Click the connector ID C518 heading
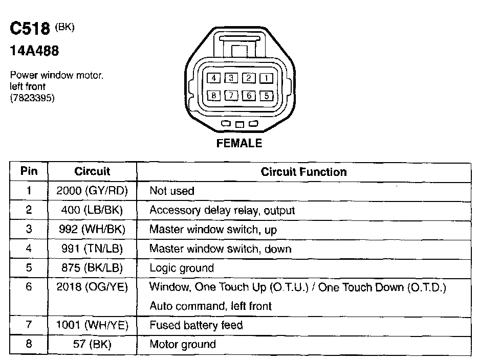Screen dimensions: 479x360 [30, 29]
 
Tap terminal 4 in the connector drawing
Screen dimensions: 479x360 [213, 78]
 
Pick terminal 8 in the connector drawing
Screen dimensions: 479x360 [213, 96]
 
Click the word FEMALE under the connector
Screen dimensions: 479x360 [239, 143]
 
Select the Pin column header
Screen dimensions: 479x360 [29, 172]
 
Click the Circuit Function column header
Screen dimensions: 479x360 [303, 172]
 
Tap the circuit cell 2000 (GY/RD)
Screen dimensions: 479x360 [92, 191]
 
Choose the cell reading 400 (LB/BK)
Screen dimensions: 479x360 [92, 210]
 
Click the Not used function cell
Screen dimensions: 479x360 [172, 191]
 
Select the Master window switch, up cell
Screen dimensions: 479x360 [213, 230]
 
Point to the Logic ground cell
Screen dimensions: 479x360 [182, 268]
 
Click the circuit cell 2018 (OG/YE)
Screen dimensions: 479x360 [92, 287]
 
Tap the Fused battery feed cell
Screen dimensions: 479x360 [196, 325]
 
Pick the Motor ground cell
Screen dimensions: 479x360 [183, 344]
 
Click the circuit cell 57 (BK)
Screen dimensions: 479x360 [92, 344]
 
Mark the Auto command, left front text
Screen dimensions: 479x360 [210, 306]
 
